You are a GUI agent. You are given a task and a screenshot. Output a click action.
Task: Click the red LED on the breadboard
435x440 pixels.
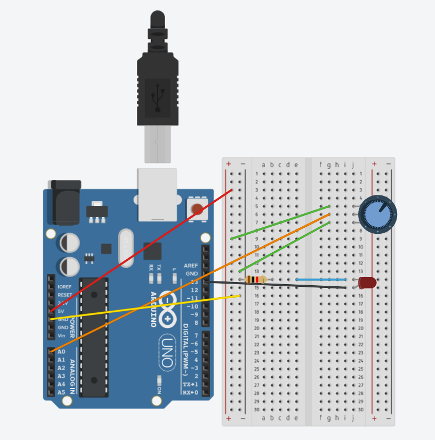pyautogui.click(x=367, y=282)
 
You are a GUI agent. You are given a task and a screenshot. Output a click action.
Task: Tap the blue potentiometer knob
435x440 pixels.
pyautogui.click(x=377, y=214)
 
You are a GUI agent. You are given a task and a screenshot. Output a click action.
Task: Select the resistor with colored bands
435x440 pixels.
pyautogui.click(x=255, y=280)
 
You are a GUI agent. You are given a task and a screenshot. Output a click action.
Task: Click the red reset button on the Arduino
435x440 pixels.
pyautogui.click(x=197, y=209)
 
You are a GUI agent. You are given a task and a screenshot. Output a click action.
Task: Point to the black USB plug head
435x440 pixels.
pyautogui.click(x=157, y=81)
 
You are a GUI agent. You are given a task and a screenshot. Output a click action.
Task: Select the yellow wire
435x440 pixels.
pyautogui.click(x=146, y=307)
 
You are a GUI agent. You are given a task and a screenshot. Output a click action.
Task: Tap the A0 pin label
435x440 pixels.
pyautogui.click(x=61, y=351)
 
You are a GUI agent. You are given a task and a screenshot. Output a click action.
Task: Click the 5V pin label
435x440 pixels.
pyautogui.click(x=61, y=311)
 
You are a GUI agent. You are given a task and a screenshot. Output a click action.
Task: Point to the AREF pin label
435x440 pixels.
pyautogui.click(x=190, y=266)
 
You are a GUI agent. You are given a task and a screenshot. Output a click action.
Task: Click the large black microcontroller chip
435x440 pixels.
pyautogui.click(x=94, y=336)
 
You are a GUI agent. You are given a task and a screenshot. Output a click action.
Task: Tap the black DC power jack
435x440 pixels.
pyautogui.click(x=64, y=203)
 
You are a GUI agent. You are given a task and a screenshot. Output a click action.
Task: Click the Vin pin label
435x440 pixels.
pyautogui.click(x=61, y=336)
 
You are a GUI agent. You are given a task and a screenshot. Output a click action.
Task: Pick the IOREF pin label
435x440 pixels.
pyautogui.click(x=64, y=287)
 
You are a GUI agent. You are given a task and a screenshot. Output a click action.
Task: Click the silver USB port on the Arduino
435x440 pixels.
pyautogui.click(x=157, y=194)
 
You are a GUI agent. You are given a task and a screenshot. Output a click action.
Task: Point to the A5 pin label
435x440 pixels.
pyautogui.click(x=61, y=392)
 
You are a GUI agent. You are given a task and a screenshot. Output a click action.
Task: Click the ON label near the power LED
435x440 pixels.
pyautogui.click(x=159, y=390)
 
